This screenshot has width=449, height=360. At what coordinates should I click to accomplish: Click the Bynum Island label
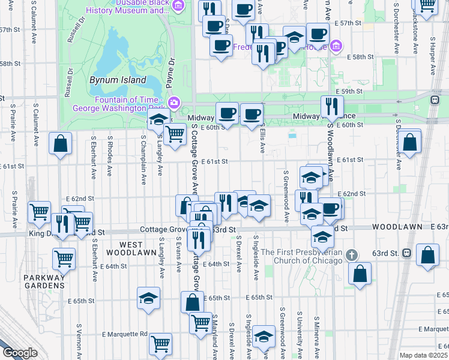coord(118,79)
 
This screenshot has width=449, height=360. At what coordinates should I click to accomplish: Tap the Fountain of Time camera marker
coord(174,103)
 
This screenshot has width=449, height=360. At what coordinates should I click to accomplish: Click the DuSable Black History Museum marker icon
coord(178,5)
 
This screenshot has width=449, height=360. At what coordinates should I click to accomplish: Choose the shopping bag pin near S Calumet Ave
coord(60,144)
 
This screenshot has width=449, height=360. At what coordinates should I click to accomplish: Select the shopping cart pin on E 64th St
coord(64,259)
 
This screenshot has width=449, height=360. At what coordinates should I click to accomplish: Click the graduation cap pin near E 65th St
coord(148,298)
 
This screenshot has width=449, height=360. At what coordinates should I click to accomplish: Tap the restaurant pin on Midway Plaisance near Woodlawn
coord(329,107)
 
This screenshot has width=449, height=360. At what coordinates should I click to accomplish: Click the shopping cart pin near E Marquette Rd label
coord(161,344)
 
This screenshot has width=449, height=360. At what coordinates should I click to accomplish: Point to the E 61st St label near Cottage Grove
coord(215,161)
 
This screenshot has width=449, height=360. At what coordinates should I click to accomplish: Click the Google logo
coord(19,353)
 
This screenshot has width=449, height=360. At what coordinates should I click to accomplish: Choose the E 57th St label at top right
coord(351,23)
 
